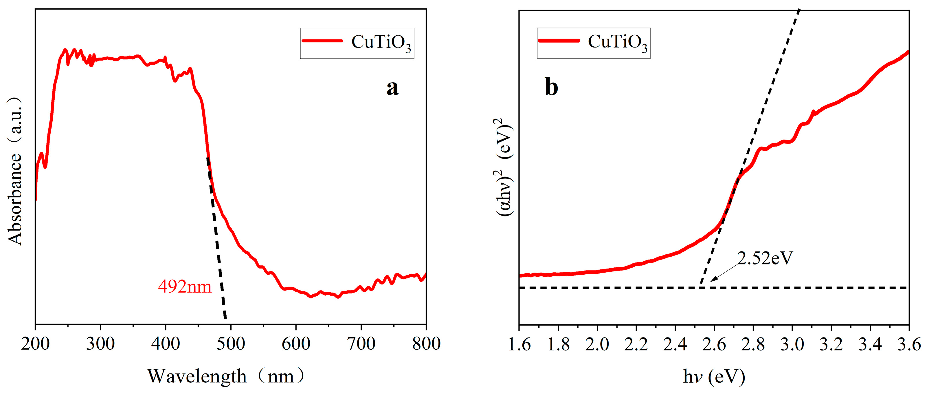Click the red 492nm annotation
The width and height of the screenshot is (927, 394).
185,287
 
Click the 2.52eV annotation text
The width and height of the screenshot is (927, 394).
765,258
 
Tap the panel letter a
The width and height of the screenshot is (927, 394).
393,88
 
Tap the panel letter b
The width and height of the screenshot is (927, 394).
552,87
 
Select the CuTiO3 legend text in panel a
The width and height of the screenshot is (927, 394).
381,43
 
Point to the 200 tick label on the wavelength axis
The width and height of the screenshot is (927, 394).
35,344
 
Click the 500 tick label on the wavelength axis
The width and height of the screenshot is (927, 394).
231,344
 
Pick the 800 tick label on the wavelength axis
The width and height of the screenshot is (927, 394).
426,344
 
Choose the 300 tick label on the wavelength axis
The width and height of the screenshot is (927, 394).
100,344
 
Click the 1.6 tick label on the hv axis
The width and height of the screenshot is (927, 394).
519,344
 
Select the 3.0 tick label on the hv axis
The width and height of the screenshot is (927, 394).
792,344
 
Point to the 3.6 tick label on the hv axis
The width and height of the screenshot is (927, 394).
909,344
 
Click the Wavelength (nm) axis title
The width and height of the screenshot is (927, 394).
226,376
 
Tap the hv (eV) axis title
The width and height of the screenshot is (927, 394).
714,377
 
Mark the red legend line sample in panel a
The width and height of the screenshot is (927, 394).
322,41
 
